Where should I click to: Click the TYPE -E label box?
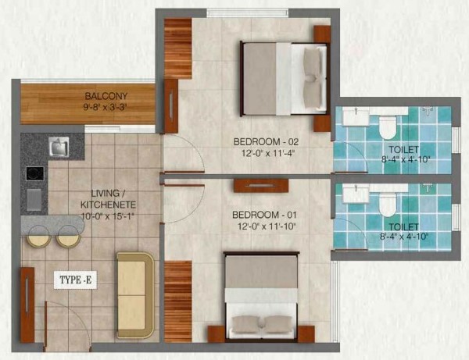pos(75,280)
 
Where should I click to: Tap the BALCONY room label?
pos(106,96)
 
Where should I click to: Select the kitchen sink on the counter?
pos(59,146)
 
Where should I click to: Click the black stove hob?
pos(35,173)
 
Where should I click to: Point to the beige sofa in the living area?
pos(135,295)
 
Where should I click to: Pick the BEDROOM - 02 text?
pos(266,141)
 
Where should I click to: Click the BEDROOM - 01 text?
pos(264,215)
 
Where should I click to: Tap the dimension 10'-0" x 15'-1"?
pos(108,216)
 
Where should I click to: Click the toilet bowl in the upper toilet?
pos(388,127)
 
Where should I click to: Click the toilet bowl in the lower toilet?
pos(388,205)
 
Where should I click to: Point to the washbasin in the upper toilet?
pos(356,116)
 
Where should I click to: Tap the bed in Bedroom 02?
pos(284,79)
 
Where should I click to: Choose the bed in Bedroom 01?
pos(261,297)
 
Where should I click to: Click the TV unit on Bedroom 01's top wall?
pos(261,186)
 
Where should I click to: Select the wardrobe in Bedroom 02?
pos(177,48)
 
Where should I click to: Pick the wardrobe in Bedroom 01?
pos(177,301)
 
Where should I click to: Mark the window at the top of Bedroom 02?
pos(248,12)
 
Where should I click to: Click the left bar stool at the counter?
pos(38,237)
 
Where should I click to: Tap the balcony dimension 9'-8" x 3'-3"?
pos(106,107)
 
